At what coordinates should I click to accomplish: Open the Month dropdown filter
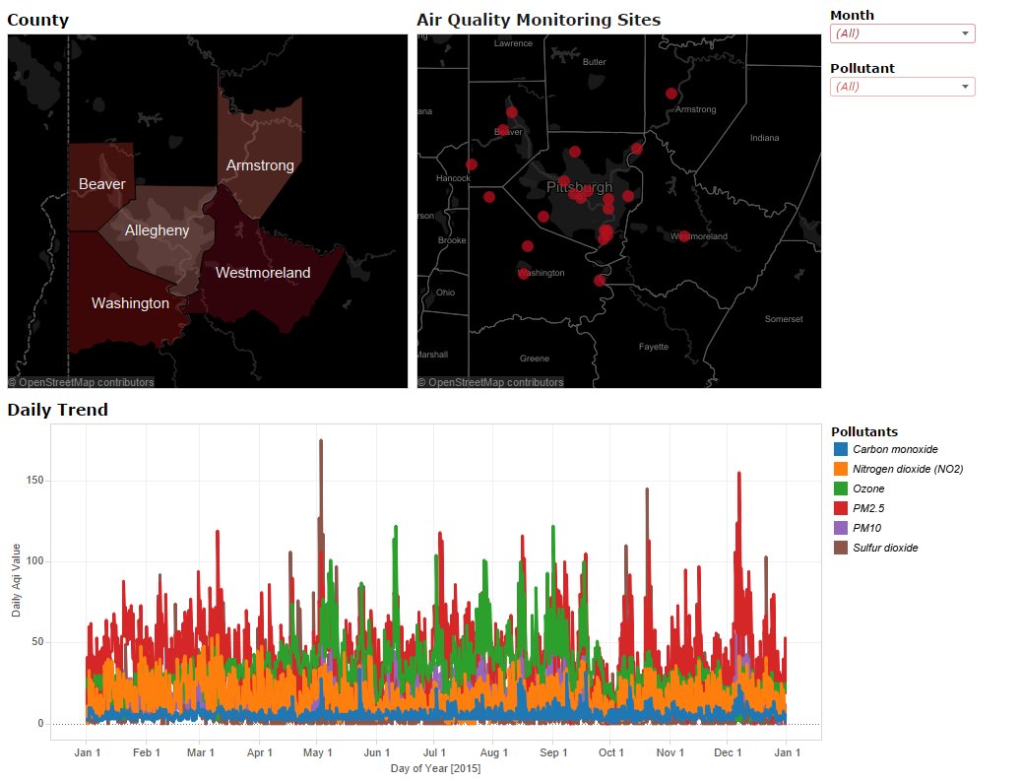(902, 33)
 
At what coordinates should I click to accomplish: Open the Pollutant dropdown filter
(902, 87)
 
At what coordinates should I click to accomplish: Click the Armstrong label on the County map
(260, 165)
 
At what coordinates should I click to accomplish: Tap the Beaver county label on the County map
(102, 184)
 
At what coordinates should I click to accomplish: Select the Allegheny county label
(157, 230)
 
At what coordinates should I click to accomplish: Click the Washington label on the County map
(130, 303)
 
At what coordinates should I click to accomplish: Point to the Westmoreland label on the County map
(263, 273)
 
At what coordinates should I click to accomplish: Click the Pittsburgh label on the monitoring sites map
(579, 187)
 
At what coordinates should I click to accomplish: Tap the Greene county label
(535, 358)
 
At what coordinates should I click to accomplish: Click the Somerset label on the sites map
(784, 319)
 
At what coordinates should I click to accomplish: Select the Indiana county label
(763, 138)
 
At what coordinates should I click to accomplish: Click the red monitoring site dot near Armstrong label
(671, 94)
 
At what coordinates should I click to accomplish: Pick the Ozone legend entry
(868, 488)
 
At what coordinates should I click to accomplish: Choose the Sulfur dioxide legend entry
(885, 548)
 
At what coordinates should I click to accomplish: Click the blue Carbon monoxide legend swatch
(841, 449)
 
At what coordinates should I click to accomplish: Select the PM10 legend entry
(866, 528)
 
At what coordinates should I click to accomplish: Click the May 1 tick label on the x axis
(317, 752)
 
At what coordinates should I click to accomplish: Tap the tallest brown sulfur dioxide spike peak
(321, 441)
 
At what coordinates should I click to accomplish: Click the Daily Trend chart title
(57, 410)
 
